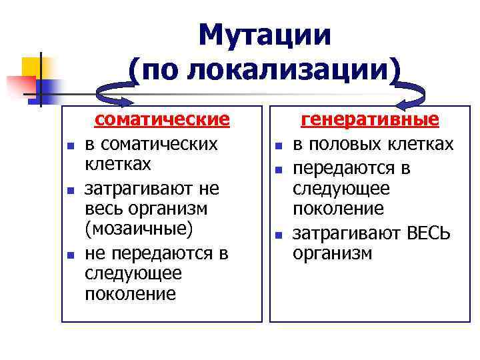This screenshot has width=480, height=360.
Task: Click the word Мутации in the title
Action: pos(265,35)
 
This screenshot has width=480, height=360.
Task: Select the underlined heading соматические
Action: pos(162,119)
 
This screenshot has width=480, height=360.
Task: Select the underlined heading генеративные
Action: pos(371,119)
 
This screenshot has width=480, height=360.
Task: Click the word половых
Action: pos(341,144)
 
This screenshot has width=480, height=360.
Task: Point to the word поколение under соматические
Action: pos(131,294)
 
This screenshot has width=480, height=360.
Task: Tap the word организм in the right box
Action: pos(332,253)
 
